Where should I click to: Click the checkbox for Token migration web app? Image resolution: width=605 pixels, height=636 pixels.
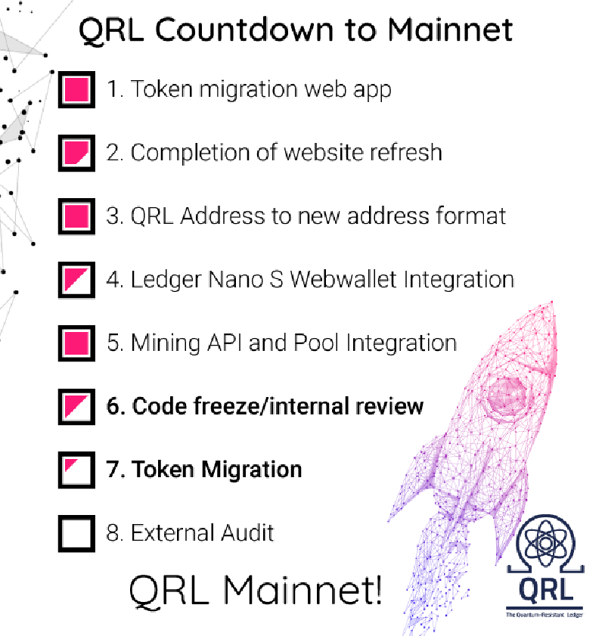[x=76, y=90]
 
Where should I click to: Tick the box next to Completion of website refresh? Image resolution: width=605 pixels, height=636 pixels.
[x=76, y=153]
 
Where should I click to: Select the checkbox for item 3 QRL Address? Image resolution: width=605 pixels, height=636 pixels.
[x=76, y=216]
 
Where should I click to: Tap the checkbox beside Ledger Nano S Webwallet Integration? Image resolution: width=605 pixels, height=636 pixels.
[x=76, y=281]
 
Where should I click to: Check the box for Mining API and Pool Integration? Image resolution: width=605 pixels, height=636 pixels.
[x=76, y=343]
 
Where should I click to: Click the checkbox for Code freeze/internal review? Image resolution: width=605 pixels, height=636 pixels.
[x=76, y=407]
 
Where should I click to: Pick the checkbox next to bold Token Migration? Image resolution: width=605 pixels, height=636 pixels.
[x=76, y=470]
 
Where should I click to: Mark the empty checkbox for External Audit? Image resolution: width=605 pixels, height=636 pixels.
[x=76, y=533]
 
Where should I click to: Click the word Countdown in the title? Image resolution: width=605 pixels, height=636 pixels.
[x=244, y=29]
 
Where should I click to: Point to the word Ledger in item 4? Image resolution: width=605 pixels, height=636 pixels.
[x=166, y=281]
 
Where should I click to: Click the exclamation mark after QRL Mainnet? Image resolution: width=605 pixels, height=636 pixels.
[x=377, y=589]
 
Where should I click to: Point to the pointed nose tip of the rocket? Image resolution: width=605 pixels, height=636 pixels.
[x=551, y=302]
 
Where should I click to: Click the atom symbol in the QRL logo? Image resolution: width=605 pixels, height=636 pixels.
[x=546, y=544]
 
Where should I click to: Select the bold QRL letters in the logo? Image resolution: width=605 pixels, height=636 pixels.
[x=546, y=589]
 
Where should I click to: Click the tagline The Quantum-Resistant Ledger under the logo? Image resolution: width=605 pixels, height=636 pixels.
[x=544, y=615]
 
